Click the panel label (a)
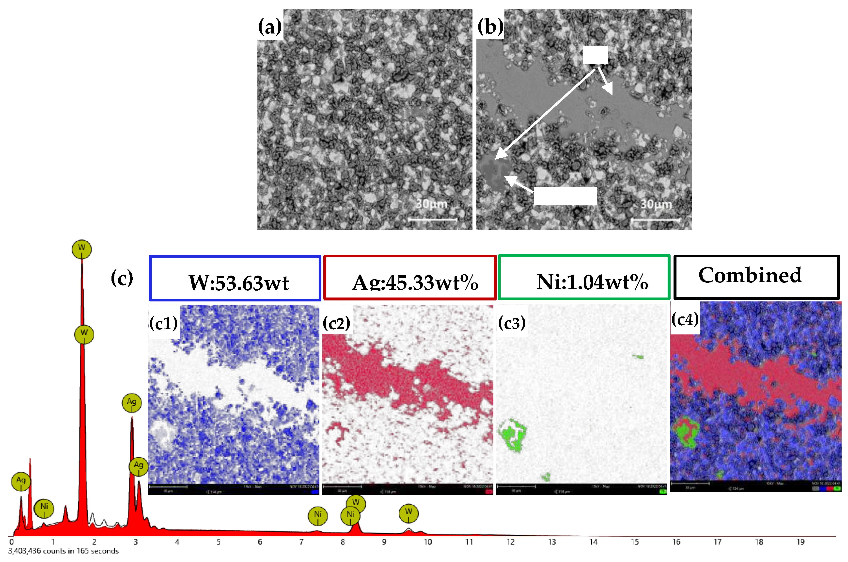tap(270, 27)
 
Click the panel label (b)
tap(490, 27)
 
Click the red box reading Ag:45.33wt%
tap(410, 278)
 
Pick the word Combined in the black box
tap(750, 275)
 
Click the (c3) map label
tap(512, 323)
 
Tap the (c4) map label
tap(685, 319)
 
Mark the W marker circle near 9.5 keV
tap(408, 513)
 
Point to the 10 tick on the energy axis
tap(428, 542)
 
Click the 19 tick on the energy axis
tap(800, 542)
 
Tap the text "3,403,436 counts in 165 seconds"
tap(63, 551)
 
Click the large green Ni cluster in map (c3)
tap(512, 435)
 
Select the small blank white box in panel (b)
tap(596, 55)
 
